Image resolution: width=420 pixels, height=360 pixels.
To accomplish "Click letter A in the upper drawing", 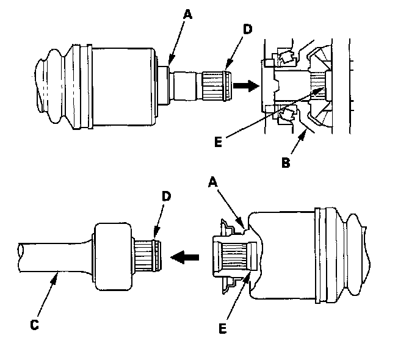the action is coord(188,14).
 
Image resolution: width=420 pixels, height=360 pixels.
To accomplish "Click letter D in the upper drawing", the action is coord(247,29).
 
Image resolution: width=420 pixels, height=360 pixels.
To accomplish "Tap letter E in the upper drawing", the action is coord(219,142).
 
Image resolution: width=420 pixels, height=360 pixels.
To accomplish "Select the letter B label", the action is coord(286,162).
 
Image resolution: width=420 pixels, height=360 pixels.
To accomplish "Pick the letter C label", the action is coord(35,325).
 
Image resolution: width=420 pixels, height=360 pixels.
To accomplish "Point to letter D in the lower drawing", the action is coord(166,196).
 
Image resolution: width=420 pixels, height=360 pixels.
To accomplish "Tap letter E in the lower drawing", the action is coord(223,328).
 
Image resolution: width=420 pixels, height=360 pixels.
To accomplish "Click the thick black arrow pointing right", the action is coord(246,86).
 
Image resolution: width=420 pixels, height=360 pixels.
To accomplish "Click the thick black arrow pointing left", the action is coord(185,257).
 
